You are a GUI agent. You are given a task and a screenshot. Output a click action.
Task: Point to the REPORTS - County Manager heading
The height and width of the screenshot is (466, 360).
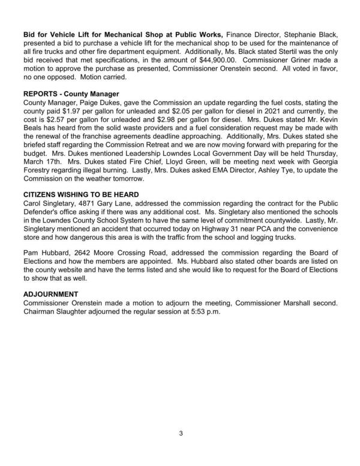(x=71, y=95)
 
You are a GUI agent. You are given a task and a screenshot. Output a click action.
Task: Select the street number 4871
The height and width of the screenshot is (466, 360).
(x=82, y=205)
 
